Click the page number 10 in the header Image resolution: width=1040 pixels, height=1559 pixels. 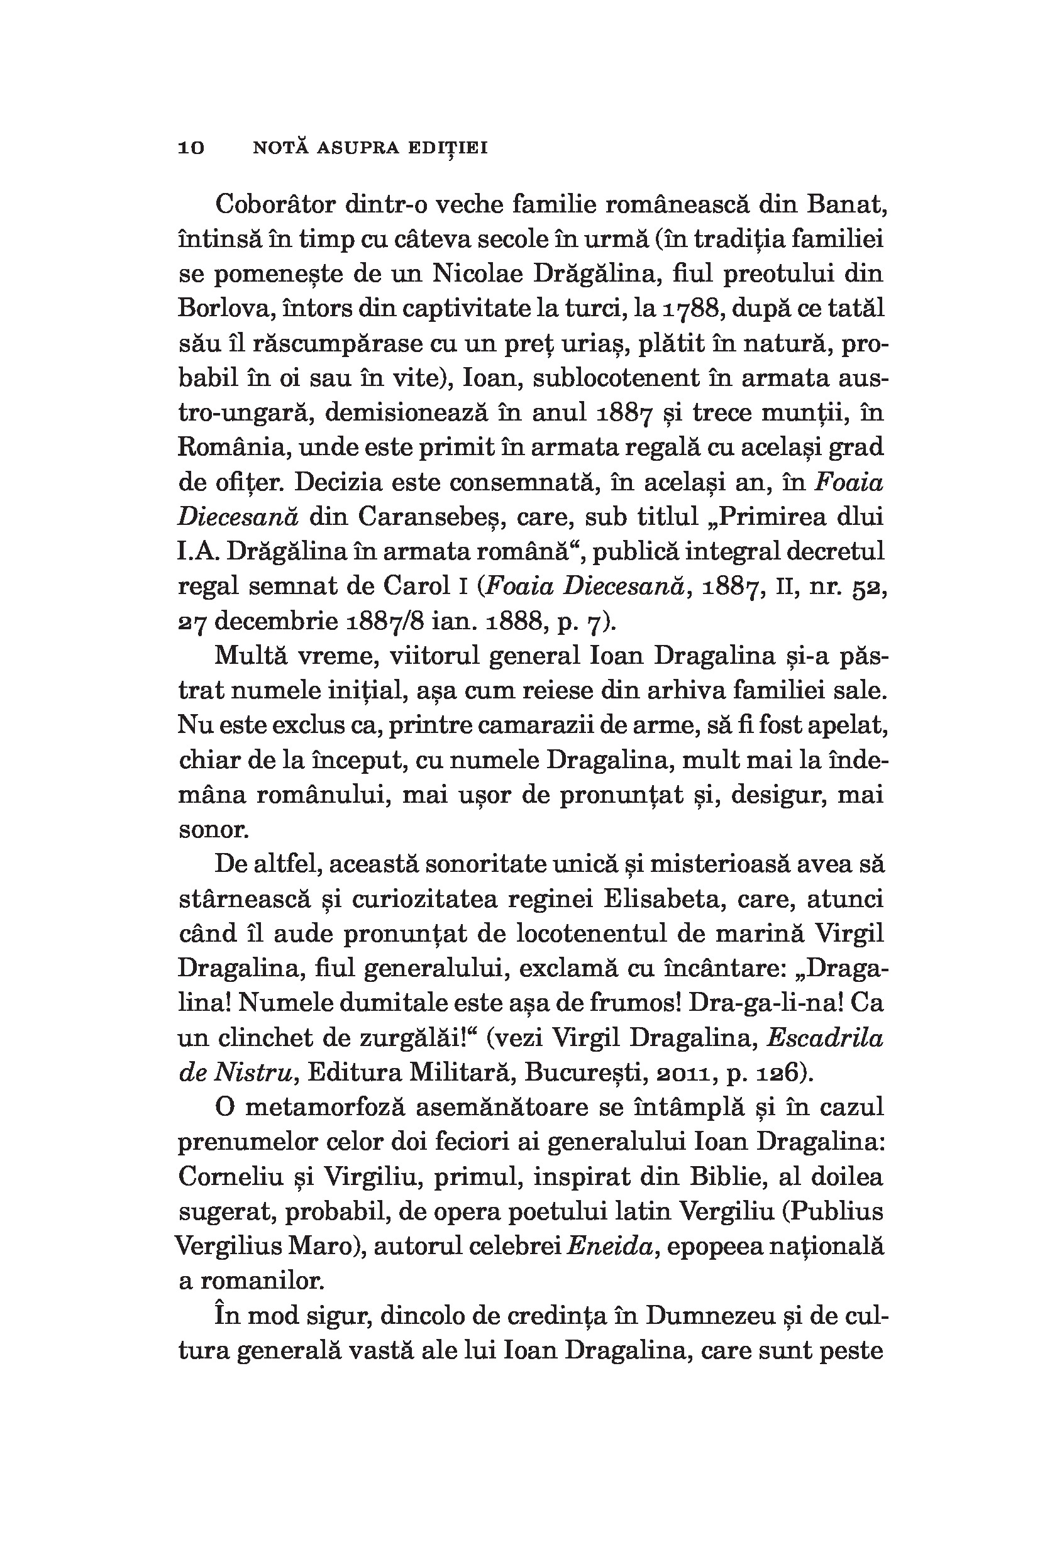192,148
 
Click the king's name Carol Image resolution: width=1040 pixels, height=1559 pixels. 414,587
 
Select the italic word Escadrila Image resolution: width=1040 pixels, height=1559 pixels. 825,1038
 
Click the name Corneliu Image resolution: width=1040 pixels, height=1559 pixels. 231,1177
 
